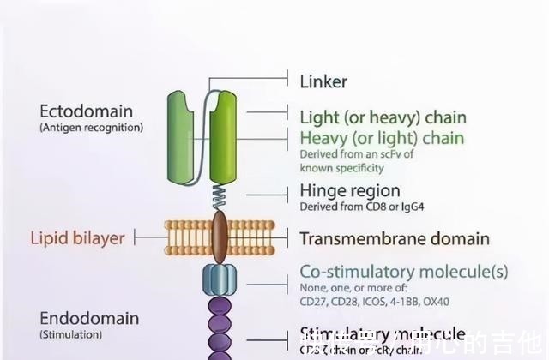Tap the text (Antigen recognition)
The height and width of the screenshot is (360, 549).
pos(92,128)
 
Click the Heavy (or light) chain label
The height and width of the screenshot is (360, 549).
pos(381,138)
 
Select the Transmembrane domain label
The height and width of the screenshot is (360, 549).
pos(394,238)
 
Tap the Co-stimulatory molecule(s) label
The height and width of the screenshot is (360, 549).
pos(403,272)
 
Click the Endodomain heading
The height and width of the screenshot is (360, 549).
pos(89,318)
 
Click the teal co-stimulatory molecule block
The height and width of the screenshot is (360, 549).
pos(219,279)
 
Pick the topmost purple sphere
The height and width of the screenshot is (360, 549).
pos(220,305)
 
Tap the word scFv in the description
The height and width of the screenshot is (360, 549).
pos(389,154)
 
